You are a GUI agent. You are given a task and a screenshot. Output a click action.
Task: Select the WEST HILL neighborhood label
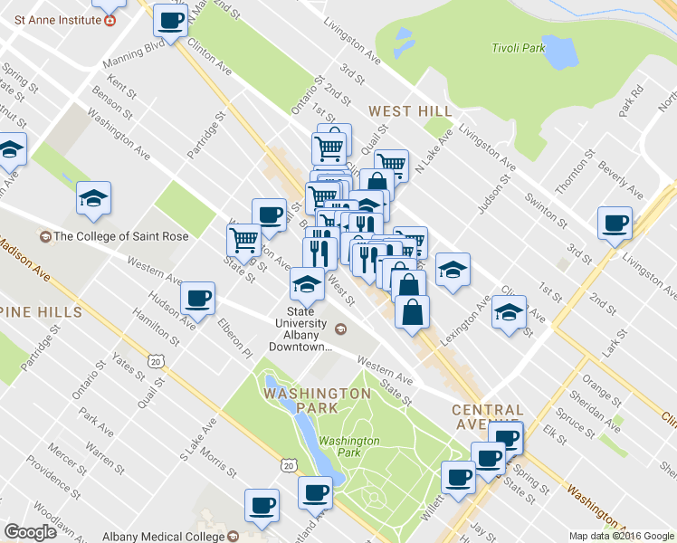point(410,111)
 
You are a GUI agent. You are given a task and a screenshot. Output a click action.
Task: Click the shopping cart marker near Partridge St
point(243,239)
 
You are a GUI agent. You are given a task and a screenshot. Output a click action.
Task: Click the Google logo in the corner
point(30,532)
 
